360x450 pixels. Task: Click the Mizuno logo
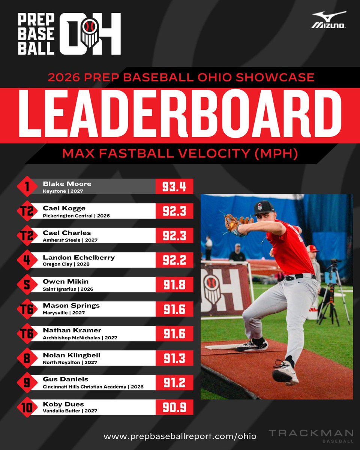(x=329, y=20)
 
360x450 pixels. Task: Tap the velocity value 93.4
(x=174, y=187)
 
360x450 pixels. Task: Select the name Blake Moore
(x=67, y=184)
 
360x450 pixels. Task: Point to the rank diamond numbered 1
(x=26, y=187)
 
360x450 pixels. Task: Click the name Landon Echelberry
(x=79, y=257)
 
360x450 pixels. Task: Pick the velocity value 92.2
(x=174, y=260)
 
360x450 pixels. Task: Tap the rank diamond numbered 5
(x=26, y=285)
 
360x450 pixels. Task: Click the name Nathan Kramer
(x=72, y=330)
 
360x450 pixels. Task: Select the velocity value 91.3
(x=174, y=358)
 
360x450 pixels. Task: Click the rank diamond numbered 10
(x=26, y=407)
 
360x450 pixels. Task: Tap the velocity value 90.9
(x=174, y=407)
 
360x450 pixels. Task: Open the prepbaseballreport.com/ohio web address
(x=180, y=436)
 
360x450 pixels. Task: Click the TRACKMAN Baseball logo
(x=311, y=435)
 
